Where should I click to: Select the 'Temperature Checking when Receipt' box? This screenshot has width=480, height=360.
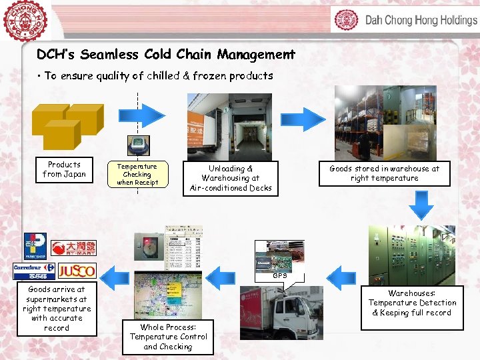coord(137,175)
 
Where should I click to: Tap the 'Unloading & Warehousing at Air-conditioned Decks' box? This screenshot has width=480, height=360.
coord(231,179)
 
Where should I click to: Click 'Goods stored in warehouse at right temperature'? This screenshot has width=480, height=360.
coord(384,173)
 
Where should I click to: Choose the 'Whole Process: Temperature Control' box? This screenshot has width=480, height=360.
coord(168,337)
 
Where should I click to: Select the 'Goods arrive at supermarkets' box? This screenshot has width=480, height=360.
coord(57,309)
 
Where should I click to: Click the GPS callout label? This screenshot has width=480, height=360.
coord(280,275)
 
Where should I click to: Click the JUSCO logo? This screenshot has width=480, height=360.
coord(77,271)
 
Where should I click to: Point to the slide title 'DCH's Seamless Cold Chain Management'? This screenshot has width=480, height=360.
coord(165,54)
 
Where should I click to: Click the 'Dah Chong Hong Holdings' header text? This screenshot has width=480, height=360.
coord(420,20)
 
